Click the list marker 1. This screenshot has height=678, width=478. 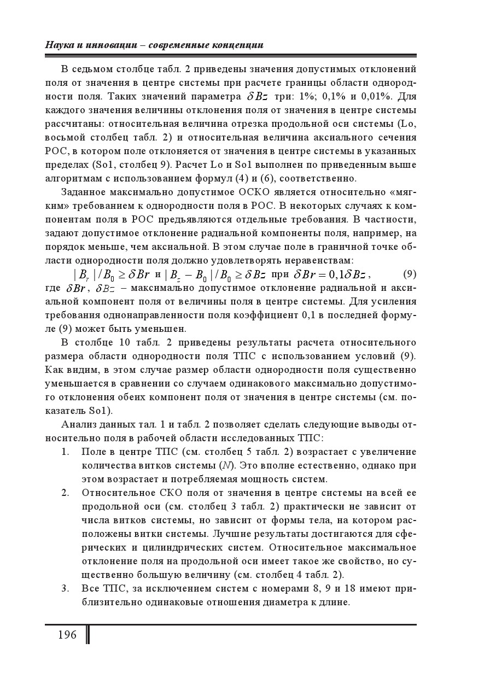(x=65, y=452)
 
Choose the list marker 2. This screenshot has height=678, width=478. (x=65, y=493)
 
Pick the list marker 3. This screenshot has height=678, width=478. (x=65, y=589)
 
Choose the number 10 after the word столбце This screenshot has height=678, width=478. (x=124, y=342)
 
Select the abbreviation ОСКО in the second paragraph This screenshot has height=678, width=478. (x=253, y=191)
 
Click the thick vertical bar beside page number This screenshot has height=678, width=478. (x=88, y=635)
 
